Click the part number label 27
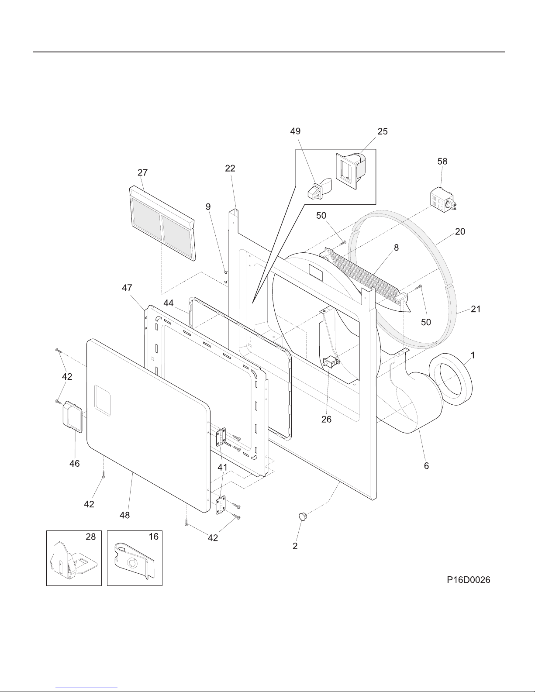(143, 172)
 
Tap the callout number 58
(442, 161)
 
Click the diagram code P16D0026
(468, 580)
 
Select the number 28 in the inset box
(90, 537)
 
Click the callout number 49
(295, 131)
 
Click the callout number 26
(327, 420)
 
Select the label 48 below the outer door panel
(125, 515)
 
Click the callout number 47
(128, 288)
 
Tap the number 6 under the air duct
(426, 466)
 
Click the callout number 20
(460, 231)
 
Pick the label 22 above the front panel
(230, 168)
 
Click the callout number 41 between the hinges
(223, 468)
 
